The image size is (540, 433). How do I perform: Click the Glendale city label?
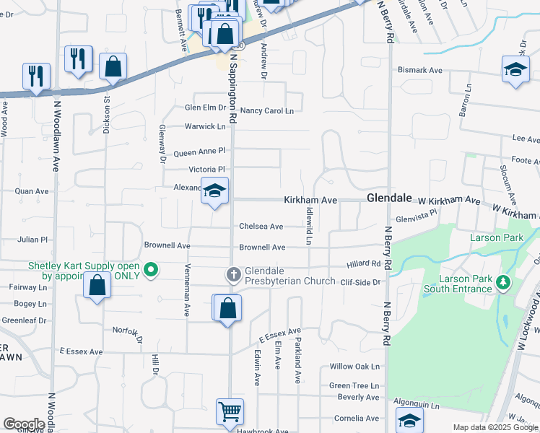coord(388,198)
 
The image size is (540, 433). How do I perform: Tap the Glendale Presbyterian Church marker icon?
coord(233,274)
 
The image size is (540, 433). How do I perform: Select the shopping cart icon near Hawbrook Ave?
coord(230,412)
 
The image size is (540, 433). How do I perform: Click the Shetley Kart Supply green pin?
coord(151,271)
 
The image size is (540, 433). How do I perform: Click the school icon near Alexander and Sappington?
coord(214,191)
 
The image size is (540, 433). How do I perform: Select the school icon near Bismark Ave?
coord(515,69)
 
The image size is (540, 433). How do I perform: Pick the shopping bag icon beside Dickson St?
coord(113,67)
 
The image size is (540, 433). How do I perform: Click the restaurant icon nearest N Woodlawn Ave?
coord(36,76)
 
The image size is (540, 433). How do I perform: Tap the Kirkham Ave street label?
coord(310,199)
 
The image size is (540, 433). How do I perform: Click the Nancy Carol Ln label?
coord(267,110)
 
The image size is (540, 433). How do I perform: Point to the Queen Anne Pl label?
coord(200,152)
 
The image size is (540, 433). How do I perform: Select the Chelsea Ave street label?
coord(261,226)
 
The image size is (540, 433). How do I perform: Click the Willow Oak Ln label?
coord(354,367)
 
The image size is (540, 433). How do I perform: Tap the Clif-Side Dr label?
coord(360,282)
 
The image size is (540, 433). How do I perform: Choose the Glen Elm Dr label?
coord(205,108)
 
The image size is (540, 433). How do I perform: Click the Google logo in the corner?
coord(24,424)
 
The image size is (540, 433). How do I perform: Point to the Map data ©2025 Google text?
coord(495,427)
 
